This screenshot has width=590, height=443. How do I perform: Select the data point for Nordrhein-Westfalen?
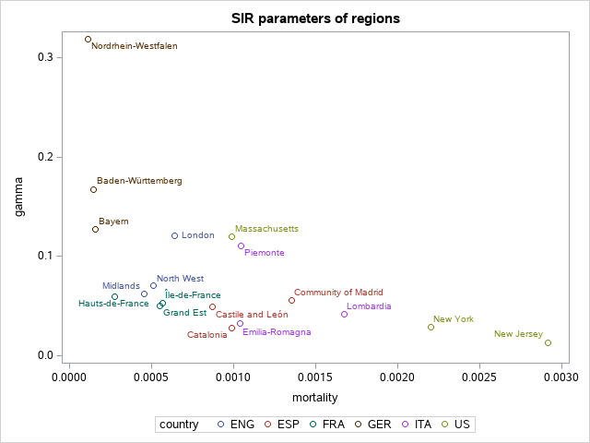(88, 40)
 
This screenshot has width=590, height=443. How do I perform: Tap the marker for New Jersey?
(548, 342)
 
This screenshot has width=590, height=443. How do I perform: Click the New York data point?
(431, 327)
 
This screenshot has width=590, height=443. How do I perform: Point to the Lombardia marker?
(344, 314)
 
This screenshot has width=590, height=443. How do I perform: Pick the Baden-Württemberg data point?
(93, 189)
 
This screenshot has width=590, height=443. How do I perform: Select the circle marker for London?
(174, 235)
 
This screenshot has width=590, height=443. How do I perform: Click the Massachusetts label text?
(266, 228)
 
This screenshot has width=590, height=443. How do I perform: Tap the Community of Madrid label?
(338, 292)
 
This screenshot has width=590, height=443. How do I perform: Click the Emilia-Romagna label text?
(277, 332)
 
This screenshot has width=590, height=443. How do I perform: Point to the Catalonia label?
(206, 335)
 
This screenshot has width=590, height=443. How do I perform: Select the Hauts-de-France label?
(113, 304)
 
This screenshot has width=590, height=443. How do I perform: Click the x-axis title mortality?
(314, 398)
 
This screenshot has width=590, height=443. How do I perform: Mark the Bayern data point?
(95, 229)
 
